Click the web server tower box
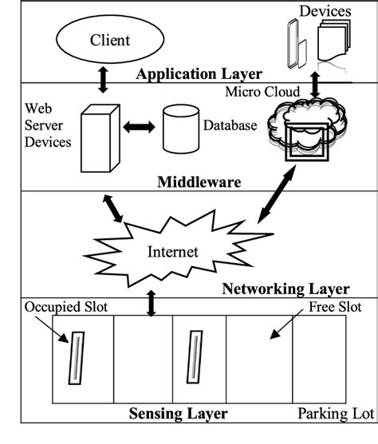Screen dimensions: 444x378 pos(96,139)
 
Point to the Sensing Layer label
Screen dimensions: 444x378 pos(178,414)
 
